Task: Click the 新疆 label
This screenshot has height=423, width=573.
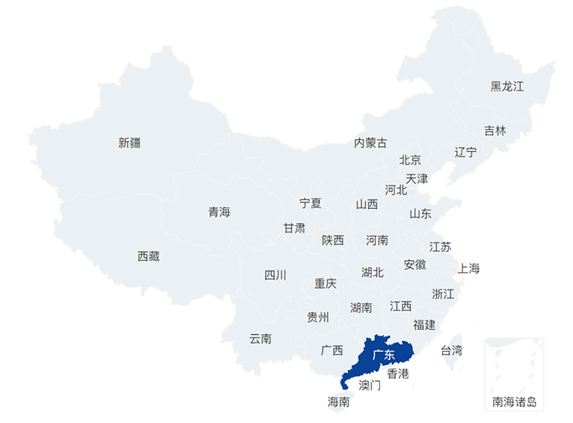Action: click(130, 143)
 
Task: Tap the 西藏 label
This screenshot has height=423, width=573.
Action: click(148, 257)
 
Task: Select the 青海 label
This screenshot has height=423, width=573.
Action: click(219, 212)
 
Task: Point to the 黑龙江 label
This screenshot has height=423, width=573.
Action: click(507, 86)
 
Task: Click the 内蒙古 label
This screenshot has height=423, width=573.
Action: click(371, 143)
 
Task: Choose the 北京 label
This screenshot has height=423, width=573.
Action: click(410, 159)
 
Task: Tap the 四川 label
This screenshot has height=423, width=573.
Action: click(275, 275)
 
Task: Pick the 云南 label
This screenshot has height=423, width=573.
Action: click(260, 339)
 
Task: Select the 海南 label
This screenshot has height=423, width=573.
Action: click(339, 402)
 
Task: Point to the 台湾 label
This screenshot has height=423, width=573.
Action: click(451, 350)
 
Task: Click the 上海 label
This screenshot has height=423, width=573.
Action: click(469, 269)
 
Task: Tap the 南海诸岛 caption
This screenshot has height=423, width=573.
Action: click(514, 402)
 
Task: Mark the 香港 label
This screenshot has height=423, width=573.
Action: click(398, 373)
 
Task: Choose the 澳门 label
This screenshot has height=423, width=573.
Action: click(370, 386)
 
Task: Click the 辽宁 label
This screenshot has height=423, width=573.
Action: click(466, 152)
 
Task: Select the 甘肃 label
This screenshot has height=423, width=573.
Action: click(294, 228)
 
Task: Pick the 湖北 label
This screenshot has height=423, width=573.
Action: click(372, 273)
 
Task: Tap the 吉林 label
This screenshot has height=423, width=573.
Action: click(495, 131)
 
